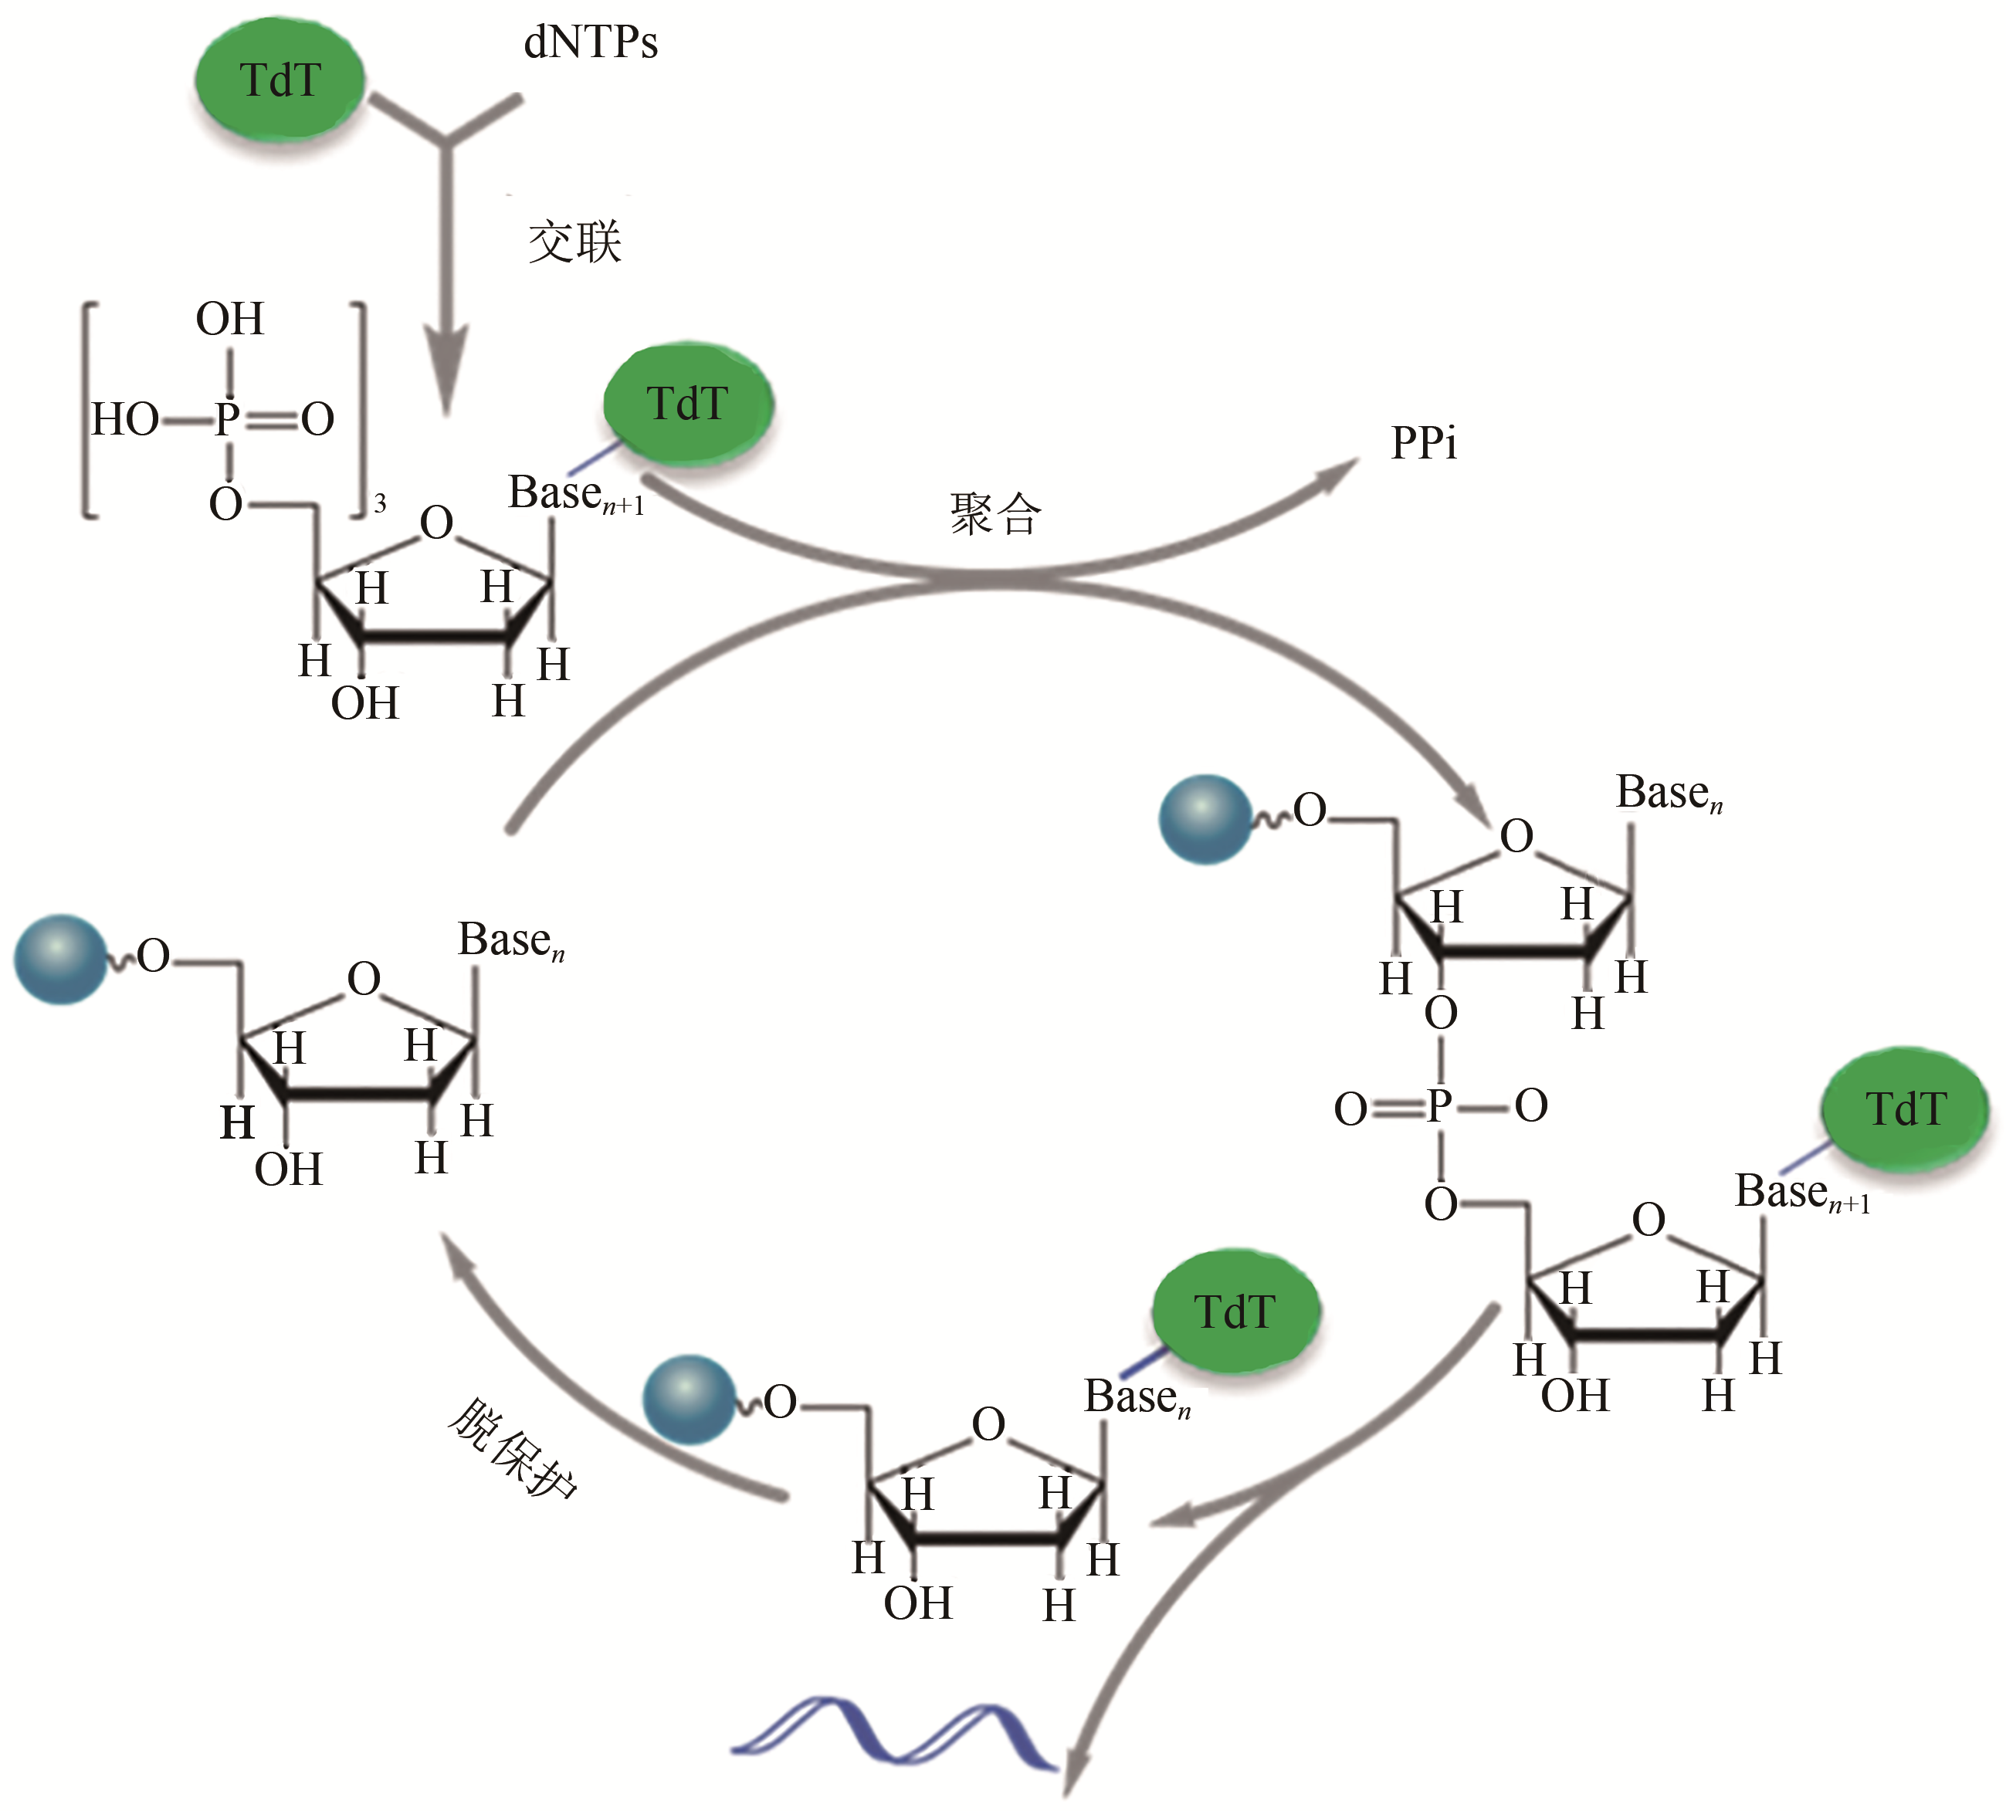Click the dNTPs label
591,44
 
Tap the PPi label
1423,444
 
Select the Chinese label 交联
575,243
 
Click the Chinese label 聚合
995,516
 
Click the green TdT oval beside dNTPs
280,80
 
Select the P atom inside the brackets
228,419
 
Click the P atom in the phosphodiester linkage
1440,1105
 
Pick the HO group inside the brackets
124,420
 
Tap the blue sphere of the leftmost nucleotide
59,960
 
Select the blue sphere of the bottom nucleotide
689,1398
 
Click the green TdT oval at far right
1905,1109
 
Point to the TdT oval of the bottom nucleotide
1235,1312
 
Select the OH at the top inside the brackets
230,320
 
